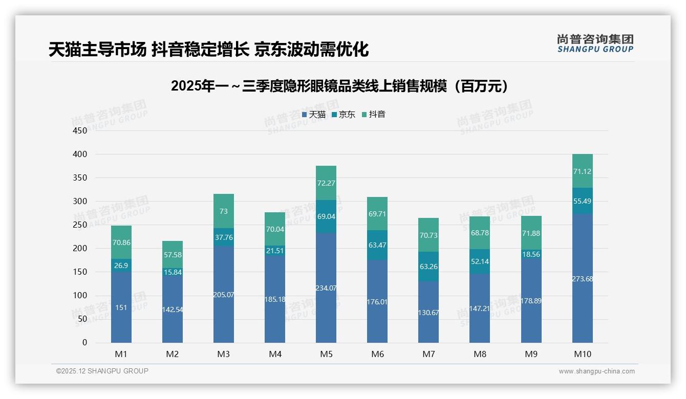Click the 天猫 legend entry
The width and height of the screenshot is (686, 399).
pyautogui.click(x=314, y=115)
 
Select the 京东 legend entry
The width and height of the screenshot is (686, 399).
pyautogui.click(x=344, y=115)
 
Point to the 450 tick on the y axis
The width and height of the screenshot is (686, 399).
pyautogui.click(x=80, y=130)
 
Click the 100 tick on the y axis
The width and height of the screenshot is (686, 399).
pyautogui.click(x=80, y=296)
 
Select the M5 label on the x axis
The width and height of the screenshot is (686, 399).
pyautogui.click(x=326, y=354)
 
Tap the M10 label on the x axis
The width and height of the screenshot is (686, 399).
pyautogui.click(x=582, y=354)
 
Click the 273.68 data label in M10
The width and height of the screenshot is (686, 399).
pyautogui.click(x=583, y=279)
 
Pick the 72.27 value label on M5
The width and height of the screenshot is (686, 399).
pyautogui.click(x=326, y=183)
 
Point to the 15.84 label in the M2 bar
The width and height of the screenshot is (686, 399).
pyautogui.click(x=173, y=272)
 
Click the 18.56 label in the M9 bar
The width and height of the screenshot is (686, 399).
pyautogui.click(x=531, y=254)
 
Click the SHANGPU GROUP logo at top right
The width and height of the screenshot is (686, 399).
pyautogui.click(x=595, y=43)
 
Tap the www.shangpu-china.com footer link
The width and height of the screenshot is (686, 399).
pyautogui.click(x=596, y=371)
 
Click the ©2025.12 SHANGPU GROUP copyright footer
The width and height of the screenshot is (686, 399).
pyautogui.click(x=102, y=371)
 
